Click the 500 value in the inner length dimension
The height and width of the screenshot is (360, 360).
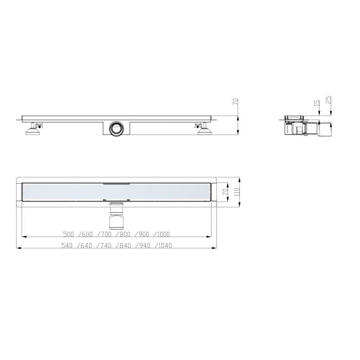(x=68, y=234)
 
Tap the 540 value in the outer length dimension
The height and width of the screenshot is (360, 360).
(x=67, y=246)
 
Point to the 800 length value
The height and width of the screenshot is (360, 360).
(x=125, y=234)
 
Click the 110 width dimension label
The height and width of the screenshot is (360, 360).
(x=237, y=192)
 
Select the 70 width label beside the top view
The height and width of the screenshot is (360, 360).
(x=225, y=192)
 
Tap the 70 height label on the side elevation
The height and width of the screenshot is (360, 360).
(x=236, y=102)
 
